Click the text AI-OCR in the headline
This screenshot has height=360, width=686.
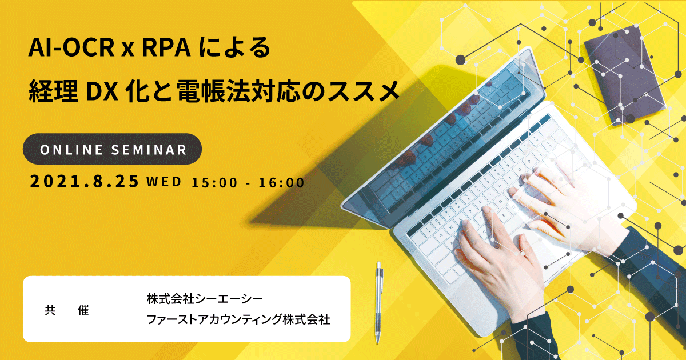(71, 48)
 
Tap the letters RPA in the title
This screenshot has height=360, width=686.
(166, 48)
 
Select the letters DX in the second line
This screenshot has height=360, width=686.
(102, 91)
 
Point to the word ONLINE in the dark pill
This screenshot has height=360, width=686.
(71, 150)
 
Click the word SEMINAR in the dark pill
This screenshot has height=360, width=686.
(149, 150)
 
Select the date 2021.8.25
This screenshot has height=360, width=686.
(85, 181)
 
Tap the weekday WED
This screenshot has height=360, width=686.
(164, 182)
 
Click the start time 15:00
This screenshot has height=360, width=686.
(214, 182)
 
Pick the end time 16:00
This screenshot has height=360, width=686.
(281, 182)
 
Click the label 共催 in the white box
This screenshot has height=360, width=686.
(67, 310)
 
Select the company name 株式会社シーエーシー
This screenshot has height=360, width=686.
(205, 299)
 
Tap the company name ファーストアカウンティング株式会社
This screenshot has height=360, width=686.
(238, 319)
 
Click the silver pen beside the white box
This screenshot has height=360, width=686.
(379, 303)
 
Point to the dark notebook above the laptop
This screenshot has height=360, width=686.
(625, 75)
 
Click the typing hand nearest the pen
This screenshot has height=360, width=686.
(502, 263)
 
